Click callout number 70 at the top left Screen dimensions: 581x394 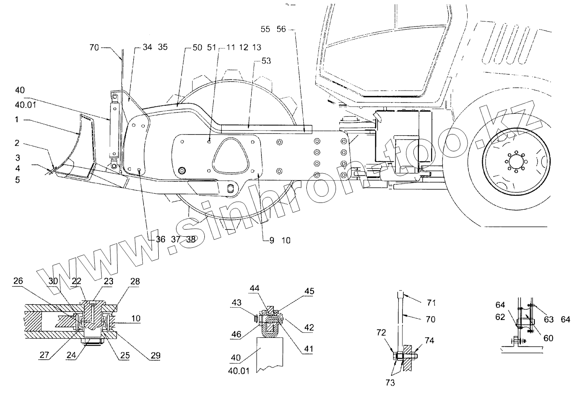94,48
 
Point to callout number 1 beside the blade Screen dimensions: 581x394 17,120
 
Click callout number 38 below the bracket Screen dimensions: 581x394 191,239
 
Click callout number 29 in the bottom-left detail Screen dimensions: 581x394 156,356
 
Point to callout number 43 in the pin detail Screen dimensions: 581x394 236,304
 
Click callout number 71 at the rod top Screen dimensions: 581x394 432,303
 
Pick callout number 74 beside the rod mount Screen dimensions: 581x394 430,339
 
